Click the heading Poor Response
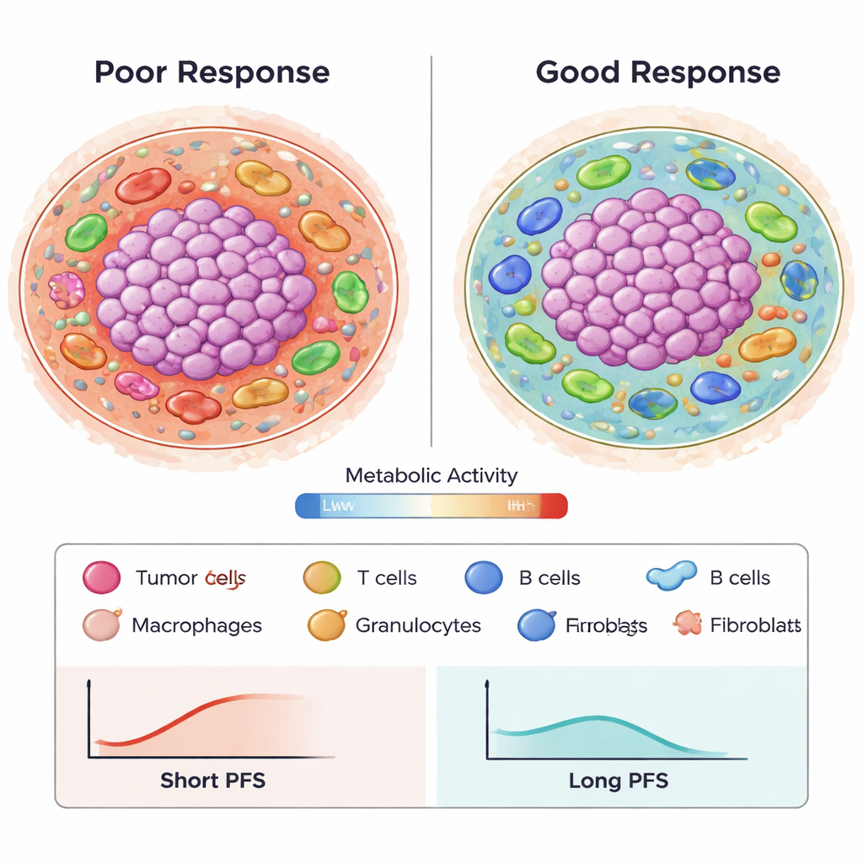[212, 72]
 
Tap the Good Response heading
[657, 72]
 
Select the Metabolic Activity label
[431, 475]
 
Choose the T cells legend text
[386, 578]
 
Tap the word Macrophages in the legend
[197, 626]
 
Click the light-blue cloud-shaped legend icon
[671, 575]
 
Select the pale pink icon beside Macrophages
[99, 625]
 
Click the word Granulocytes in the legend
[418, 626]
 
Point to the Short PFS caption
[212, 780]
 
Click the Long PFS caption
[619, 780]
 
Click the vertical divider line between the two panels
[431, 253]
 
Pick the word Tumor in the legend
[165, 578]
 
